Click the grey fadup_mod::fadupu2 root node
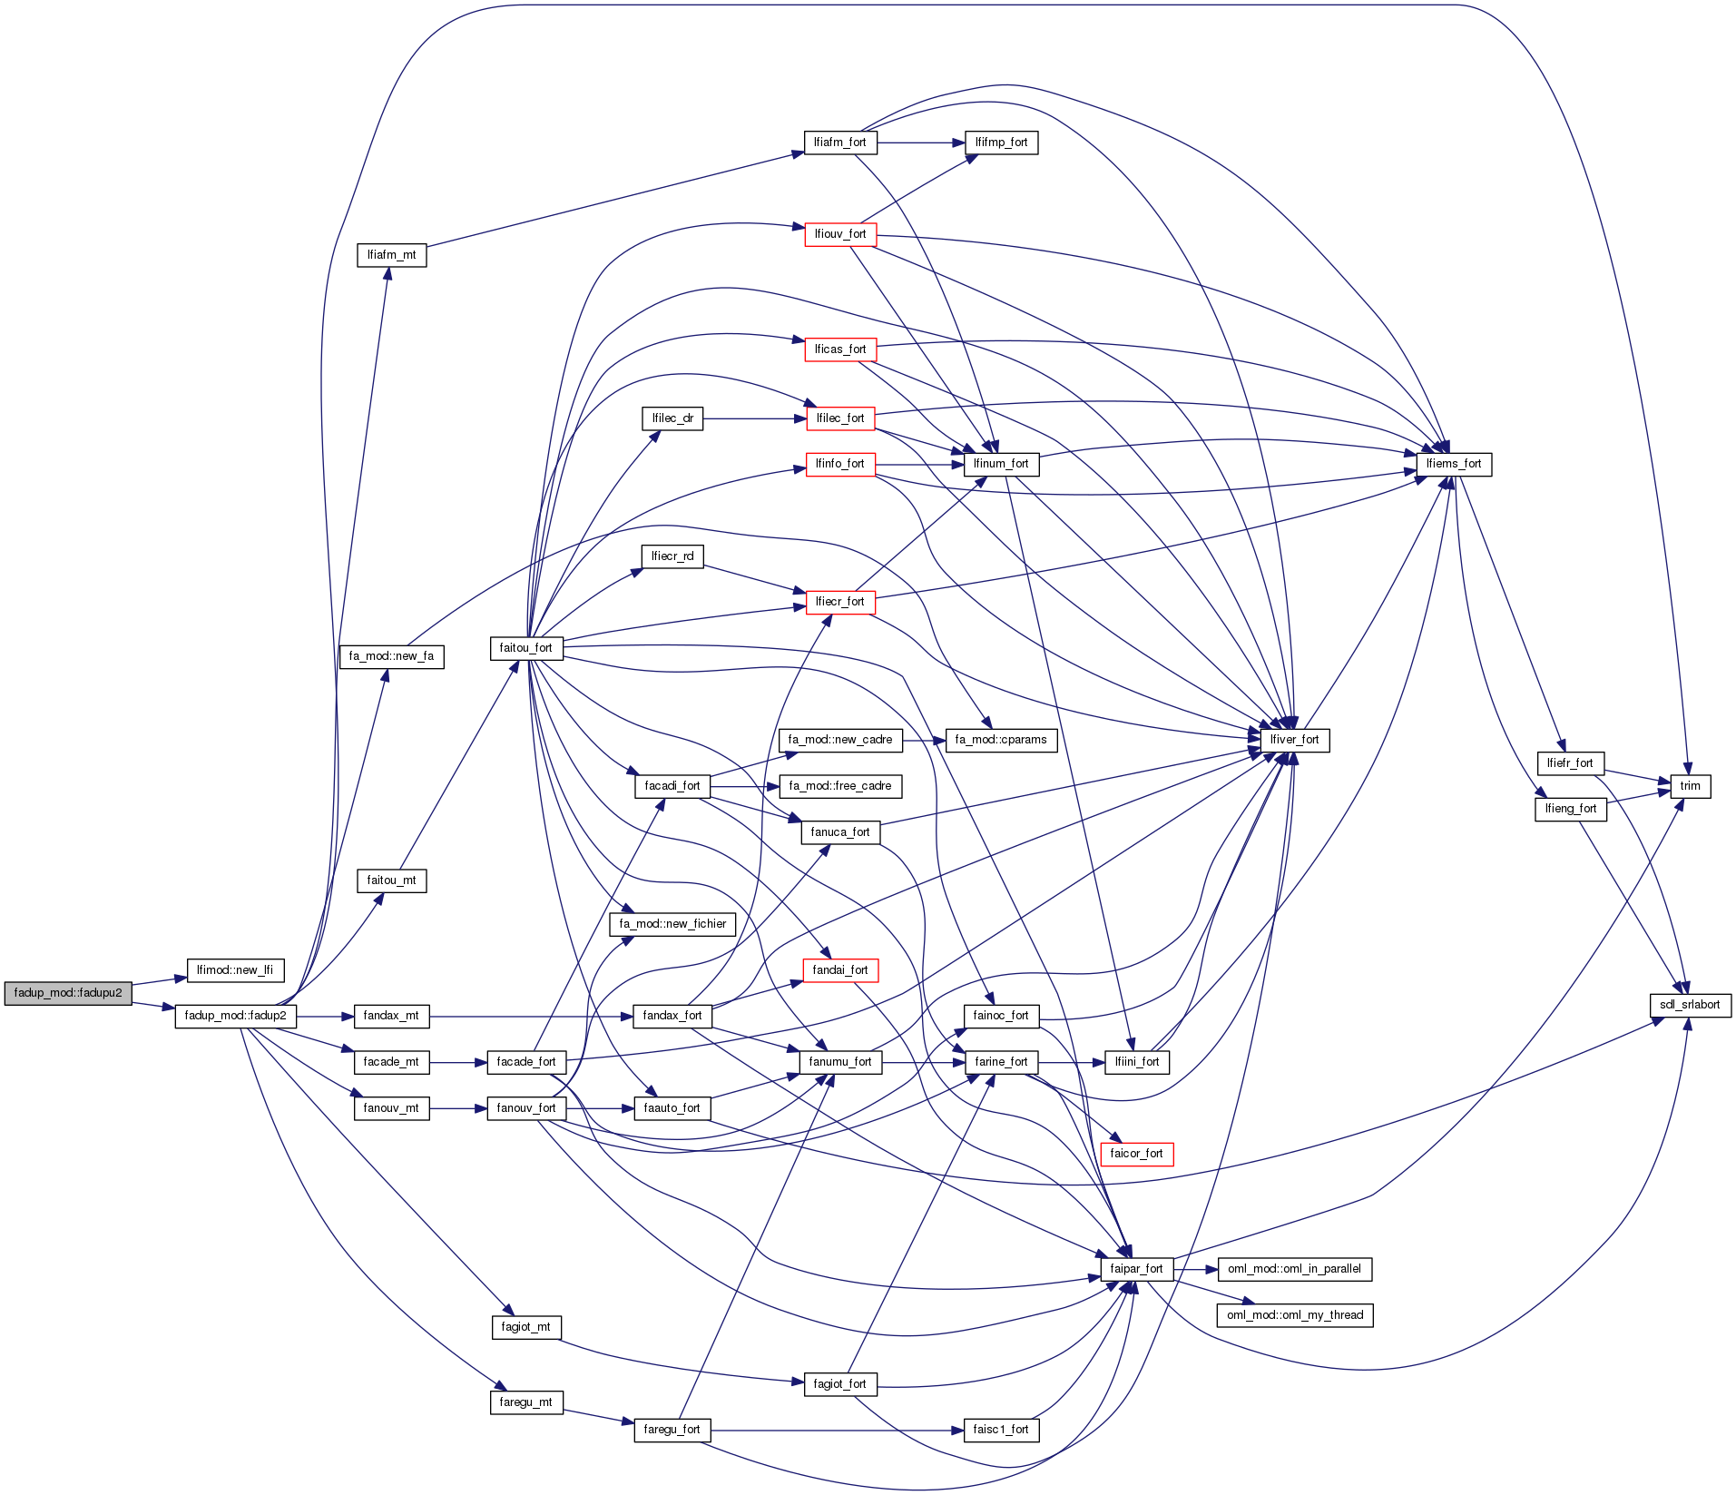(x=68, y=993)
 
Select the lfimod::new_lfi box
(x=235, y=970)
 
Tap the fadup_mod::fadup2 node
(x=235, y=1016)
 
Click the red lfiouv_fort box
(x=840, y=234)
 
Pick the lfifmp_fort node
(x=1001, y=143)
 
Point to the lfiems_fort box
(x=1454, y=464)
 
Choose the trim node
(x=1690, y=786)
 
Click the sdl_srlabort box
(x=1690, y=1005)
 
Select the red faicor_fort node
(x=1136, y=1154)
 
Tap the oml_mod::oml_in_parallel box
(x=1294, y=1269)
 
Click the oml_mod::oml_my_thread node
(x=1295, y=1315)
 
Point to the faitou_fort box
(x=526, y=648)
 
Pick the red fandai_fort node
(x=840, y=970)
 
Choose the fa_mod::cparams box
(x=1001, y=740)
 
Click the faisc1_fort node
(x=1001, y=1430)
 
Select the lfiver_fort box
(x=1294, y=740)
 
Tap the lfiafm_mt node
(x=391, y=255)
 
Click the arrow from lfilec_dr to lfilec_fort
(x=754, y=418)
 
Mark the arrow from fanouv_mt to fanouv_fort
(x=458, y=1108)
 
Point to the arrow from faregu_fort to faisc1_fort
(x=835, y=1430)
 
